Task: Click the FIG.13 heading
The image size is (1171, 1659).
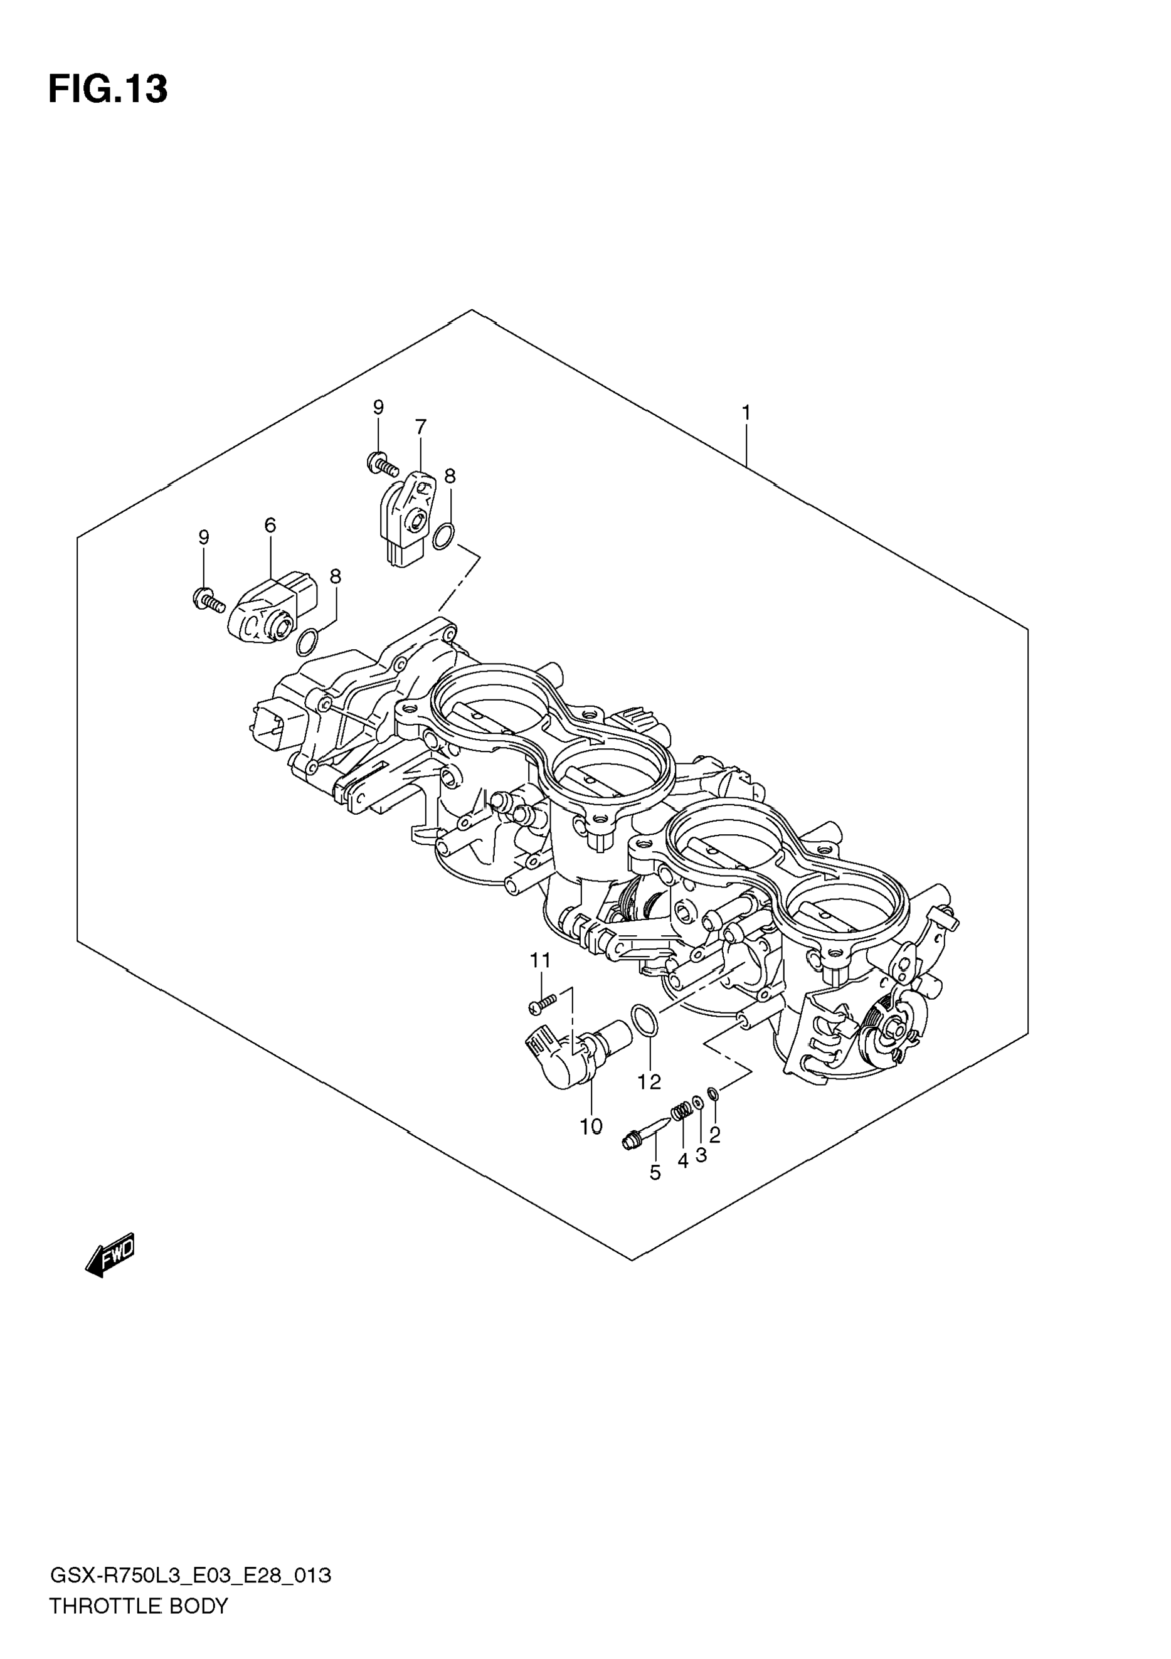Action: [x=109, y=90]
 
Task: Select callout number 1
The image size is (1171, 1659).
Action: [x=746, y=413]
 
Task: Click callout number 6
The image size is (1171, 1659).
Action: [x=270, y=526]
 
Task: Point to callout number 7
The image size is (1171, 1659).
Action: [x=420, y=427]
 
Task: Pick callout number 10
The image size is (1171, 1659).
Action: [x=591, y=1126]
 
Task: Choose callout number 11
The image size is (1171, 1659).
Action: [x=541, y=960]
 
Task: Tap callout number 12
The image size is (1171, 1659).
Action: [x=649, y=1082]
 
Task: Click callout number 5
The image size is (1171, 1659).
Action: [x=655, y=1172]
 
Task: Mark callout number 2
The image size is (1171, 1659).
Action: [x=714, y=1135]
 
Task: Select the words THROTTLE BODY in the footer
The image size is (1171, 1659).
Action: [x=138, y=1606]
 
